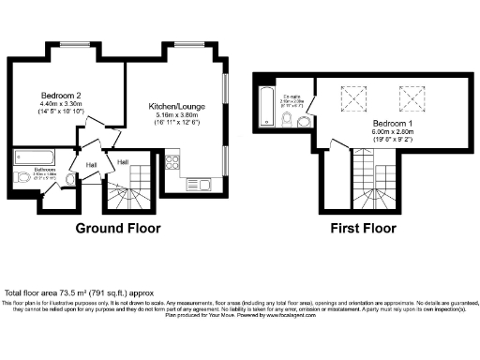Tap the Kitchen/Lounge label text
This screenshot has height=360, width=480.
tap(172, 107)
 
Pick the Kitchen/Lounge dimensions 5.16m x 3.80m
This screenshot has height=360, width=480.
tap(172, 118)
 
